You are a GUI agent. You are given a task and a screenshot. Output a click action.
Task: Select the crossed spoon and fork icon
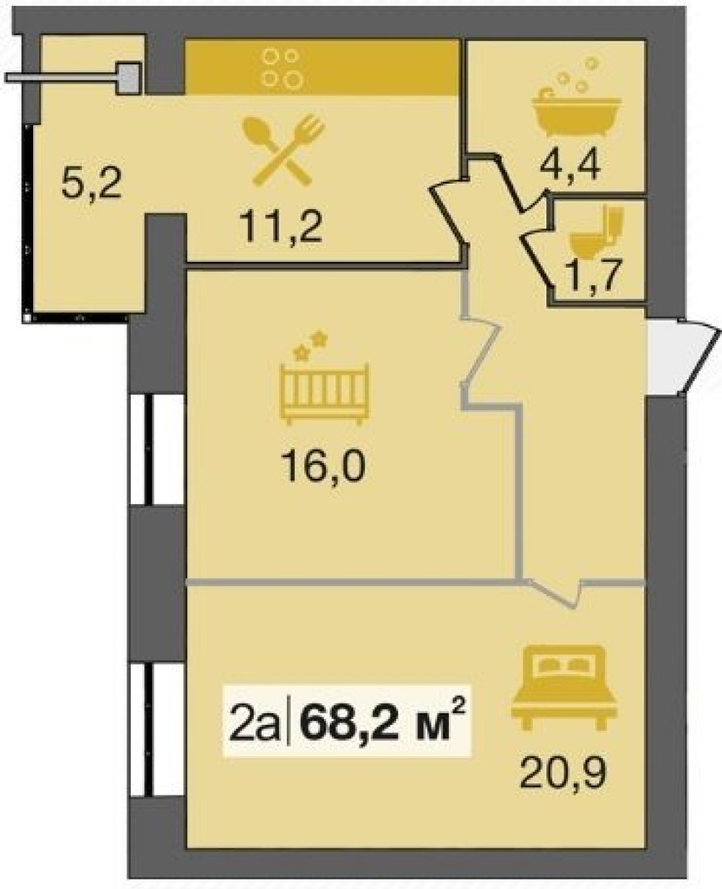coord(283,150)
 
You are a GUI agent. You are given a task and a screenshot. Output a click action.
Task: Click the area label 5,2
coord(91,183)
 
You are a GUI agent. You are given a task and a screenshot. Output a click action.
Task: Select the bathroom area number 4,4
coord(570,164)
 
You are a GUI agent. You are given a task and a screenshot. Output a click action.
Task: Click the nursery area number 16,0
coord(324,467)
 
